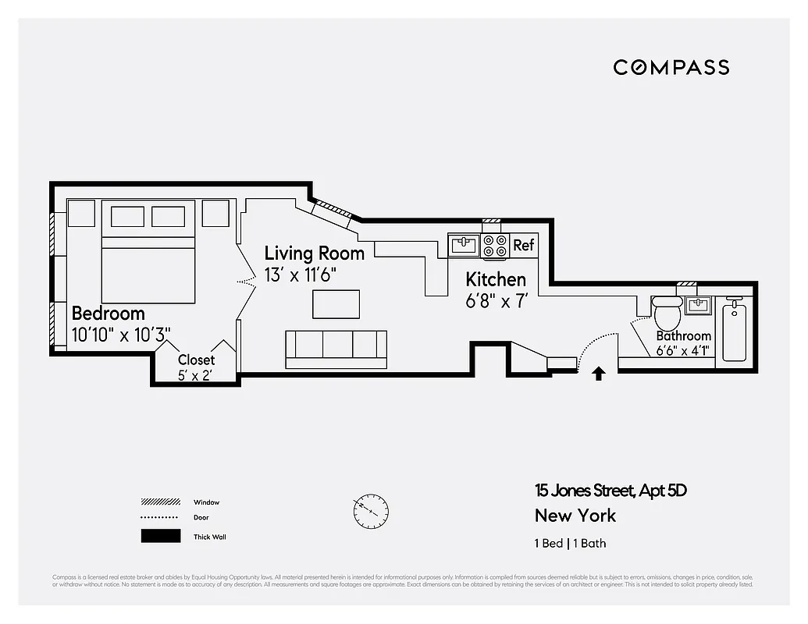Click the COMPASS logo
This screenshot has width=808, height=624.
671,67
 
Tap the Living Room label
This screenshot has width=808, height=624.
314,253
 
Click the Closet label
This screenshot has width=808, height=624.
196,360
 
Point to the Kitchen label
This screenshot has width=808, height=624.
496,279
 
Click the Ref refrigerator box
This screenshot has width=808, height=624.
523,245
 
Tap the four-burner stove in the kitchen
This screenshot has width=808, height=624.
495,246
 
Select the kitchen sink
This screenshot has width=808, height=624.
464,246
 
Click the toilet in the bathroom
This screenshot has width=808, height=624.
667,314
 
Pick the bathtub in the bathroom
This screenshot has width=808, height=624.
735,331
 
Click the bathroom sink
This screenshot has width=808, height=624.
697,304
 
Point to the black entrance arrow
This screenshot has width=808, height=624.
598,374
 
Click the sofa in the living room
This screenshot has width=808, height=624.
336,349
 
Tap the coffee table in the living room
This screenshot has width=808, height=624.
336,303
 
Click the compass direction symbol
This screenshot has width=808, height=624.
370,512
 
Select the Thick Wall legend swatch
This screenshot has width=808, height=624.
160,536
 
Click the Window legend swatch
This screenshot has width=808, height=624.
160,502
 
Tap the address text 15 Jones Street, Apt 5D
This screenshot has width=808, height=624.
610,491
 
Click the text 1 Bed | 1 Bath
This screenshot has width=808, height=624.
570,543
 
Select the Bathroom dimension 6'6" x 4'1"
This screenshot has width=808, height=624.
683,350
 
